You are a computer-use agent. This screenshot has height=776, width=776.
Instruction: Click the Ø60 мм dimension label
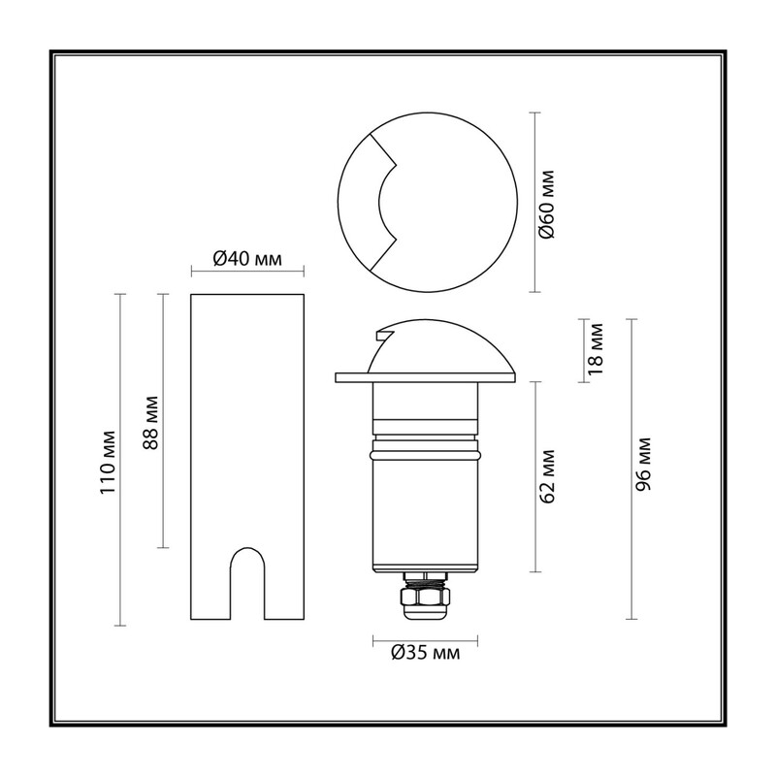[x=548, y=204]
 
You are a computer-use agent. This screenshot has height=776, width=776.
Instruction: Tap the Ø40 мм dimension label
[x=247, y=258]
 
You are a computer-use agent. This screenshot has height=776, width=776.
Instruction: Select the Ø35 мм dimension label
[x=425, y=653]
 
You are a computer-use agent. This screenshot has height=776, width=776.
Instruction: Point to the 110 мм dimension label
[x=108, y=462]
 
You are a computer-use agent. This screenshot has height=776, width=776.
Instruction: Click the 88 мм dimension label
[x=150, y=422]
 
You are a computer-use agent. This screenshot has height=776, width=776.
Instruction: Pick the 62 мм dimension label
[x=548, y=476]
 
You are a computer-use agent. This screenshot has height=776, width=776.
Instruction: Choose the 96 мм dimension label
[x=644, y=464]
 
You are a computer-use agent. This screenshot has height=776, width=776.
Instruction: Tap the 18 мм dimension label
[x=596, y=349]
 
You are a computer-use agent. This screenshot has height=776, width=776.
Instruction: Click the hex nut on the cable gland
[x=426, y=597]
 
